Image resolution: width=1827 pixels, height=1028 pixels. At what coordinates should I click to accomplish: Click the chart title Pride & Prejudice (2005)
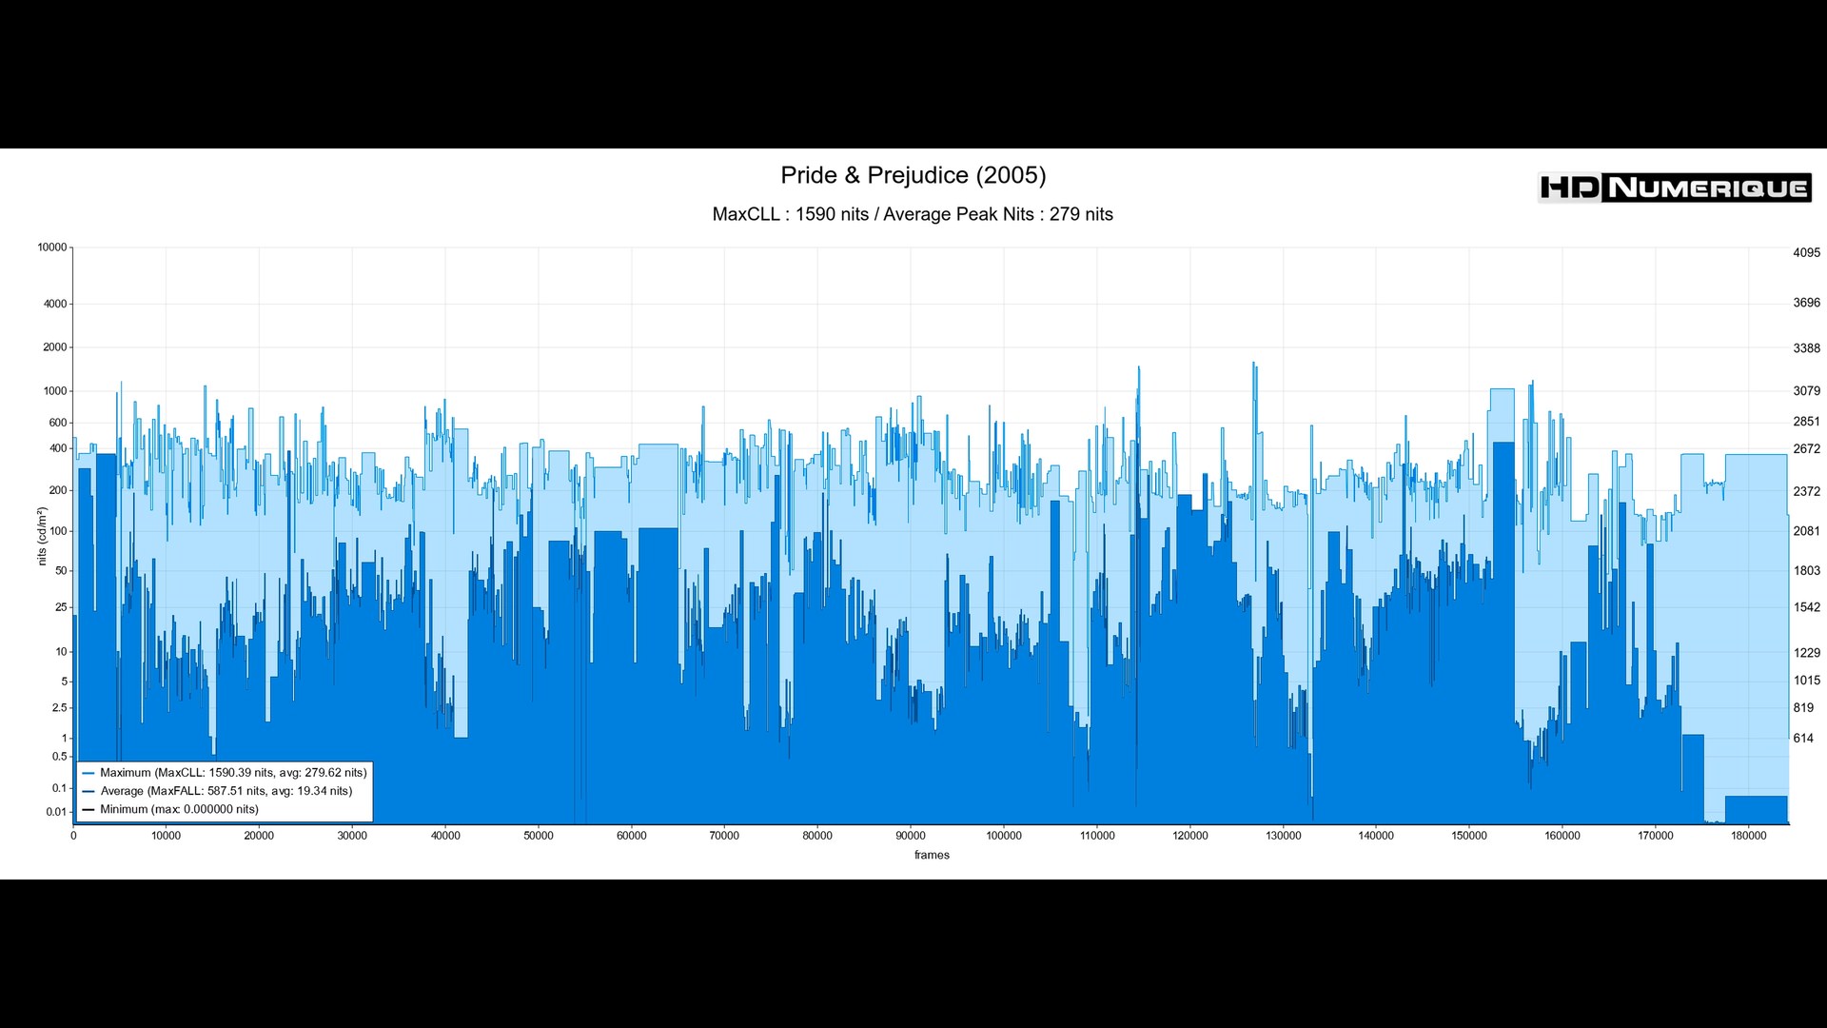913,175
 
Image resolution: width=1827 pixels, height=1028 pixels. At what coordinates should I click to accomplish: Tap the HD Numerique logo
1674,188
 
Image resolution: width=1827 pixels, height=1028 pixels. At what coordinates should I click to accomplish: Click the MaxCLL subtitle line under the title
913,214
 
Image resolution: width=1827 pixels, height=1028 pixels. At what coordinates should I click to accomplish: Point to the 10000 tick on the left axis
52,247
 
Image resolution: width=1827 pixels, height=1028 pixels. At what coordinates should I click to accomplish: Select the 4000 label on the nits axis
55,305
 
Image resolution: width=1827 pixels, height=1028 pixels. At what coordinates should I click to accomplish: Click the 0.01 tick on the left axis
56,812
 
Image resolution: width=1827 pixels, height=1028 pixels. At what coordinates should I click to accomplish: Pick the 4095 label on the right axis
1806,253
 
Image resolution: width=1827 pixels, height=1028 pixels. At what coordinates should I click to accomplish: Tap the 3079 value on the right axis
1806,391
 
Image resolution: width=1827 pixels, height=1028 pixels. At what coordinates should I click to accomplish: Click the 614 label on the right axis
1803,739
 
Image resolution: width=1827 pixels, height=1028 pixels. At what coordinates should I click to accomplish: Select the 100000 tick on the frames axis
1004,836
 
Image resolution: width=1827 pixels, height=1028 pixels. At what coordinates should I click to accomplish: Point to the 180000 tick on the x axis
1748,836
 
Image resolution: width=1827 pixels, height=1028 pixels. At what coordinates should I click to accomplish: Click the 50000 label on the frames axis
539,836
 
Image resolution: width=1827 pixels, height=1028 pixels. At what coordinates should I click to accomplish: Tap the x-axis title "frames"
932,855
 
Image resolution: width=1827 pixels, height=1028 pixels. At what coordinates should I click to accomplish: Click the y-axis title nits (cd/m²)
42,537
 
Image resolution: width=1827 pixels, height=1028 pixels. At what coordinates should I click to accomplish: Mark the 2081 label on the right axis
1806,531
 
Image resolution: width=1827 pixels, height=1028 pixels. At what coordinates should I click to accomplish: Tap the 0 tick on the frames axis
73,836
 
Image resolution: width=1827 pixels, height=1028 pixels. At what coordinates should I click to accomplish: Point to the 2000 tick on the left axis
55,347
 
